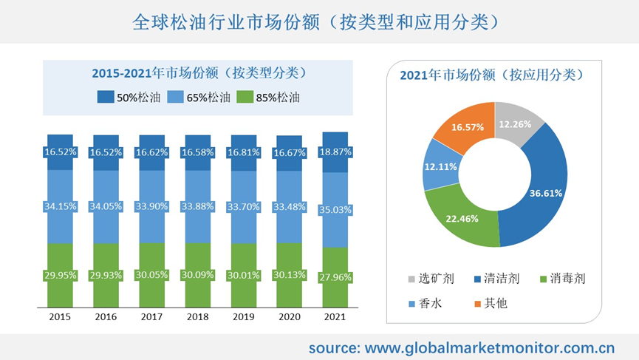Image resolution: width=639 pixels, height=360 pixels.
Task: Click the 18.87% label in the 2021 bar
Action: [335, 152]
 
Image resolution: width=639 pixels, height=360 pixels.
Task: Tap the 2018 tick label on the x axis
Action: [197, 316]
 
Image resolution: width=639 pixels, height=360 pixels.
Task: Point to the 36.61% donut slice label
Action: [546, 194]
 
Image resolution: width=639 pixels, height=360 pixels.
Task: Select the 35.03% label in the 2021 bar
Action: [335, 211]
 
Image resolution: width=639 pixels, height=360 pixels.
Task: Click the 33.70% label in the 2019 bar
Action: [243, 207]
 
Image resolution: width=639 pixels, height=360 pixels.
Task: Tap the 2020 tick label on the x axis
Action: [289, 316]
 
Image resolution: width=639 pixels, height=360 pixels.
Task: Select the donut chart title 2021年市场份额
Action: [496, 75]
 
